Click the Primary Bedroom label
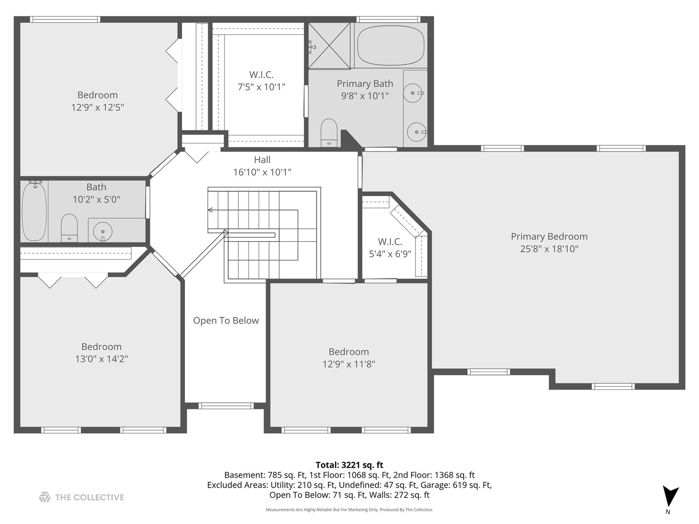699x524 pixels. tap(549, 237)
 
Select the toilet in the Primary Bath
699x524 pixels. tap(329, 132)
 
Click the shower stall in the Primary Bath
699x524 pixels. tap(330, 46)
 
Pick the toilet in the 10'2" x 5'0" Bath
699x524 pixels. tap(69, 227)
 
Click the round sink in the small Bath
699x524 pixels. tap(102, 231)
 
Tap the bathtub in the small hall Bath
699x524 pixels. tap(34, 211)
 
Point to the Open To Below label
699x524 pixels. tap(226, 321)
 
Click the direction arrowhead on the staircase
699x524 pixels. tap(210, 210)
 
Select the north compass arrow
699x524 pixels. tap(670, 496)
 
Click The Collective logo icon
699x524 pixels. tap(45, 497)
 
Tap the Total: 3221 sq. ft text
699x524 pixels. tap(349, 465)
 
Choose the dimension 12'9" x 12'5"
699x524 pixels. tap(98, 107)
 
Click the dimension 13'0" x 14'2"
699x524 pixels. tap(101, 359)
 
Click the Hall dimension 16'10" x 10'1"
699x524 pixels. tap(262, 172)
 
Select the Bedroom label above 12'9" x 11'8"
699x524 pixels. tap(349, 352)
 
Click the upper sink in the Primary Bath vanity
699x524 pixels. tap(413, 93)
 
